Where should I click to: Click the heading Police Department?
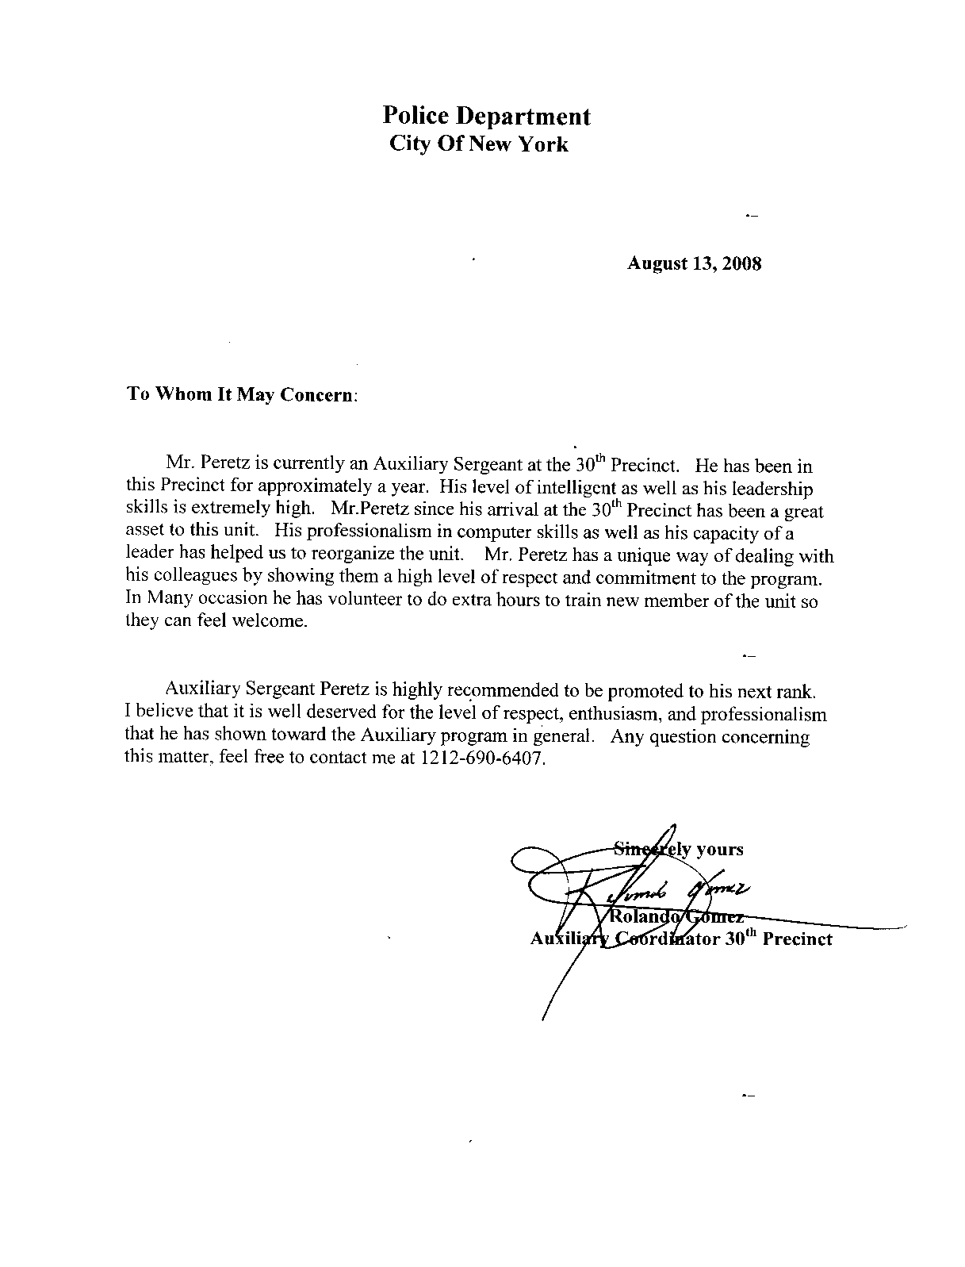point(486,117)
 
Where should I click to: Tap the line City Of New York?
point(479,144)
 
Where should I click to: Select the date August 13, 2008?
point(694,264)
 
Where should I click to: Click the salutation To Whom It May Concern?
point(242,394)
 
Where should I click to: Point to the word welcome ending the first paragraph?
point(270,622)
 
